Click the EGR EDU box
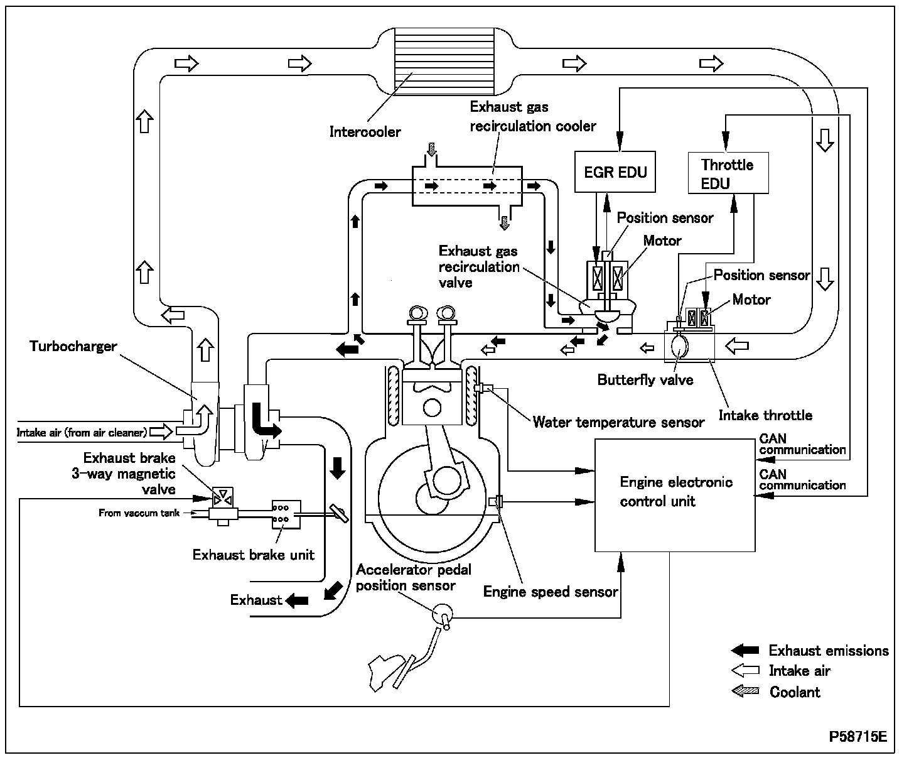tap(615, 171)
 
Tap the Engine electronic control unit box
tap(674, 495)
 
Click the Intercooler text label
tap(365, 132)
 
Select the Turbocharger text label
tap(73, 346)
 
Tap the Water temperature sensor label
tap(618, 422)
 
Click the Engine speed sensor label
tap(551, 592)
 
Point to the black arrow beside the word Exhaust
tap(297, 600)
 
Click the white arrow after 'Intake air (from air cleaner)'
tap(161, 431)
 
